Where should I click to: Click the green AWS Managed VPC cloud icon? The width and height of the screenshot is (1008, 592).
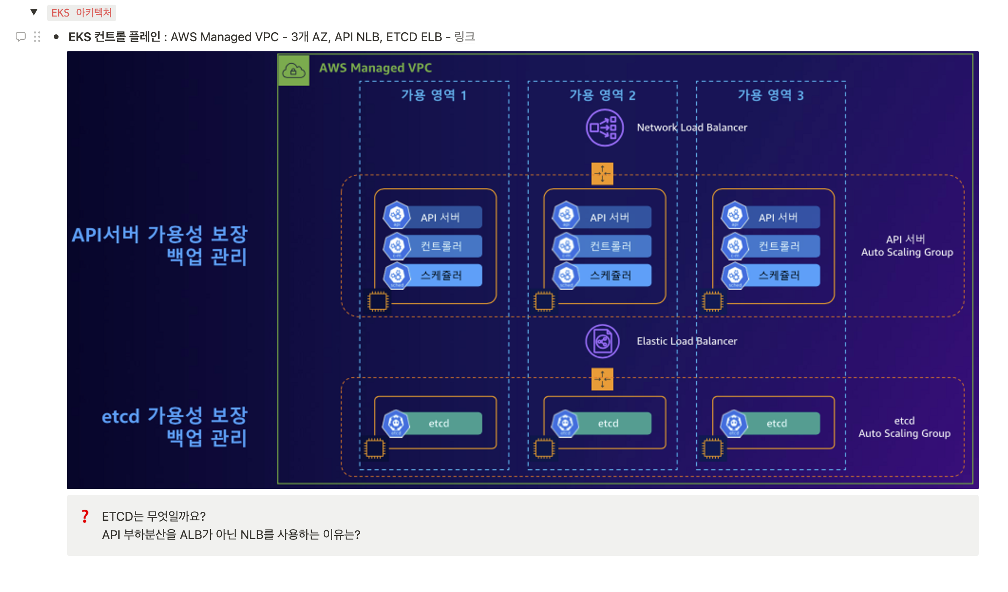[294, 70]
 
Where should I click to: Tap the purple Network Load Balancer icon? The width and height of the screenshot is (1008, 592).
[605, 128]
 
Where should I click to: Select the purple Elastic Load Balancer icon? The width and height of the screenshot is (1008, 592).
[602, 341]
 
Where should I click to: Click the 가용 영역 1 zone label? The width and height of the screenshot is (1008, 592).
[434, 95]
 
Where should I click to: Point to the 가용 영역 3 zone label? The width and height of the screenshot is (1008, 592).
[770, 95]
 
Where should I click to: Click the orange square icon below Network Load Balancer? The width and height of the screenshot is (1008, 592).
[602, 173]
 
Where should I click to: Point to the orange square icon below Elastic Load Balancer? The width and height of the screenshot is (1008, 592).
[602, 379]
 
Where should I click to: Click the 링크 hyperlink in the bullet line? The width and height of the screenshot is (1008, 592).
[465, 37]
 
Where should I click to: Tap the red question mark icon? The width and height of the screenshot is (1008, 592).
[85, 517]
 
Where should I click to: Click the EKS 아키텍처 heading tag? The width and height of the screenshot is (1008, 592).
[81, 13]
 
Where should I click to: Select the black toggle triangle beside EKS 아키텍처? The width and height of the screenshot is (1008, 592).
[34, 12]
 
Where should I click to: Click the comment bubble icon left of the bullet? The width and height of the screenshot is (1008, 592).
[20, 37]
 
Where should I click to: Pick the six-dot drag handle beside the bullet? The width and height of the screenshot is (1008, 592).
[37, 37]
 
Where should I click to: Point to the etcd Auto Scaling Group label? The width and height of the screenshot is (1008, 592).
[904, 427]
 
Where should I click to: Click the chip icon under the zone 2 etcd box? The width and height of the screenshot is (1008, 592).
[544, 448]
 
